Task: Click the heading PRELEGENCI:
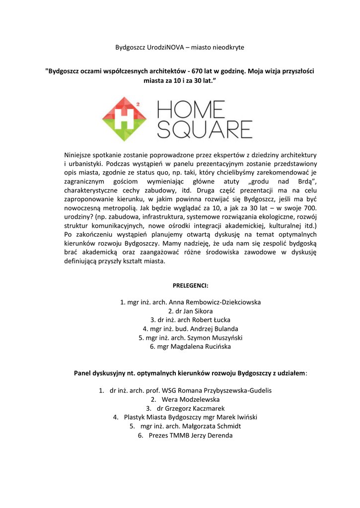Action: tap(190, 286)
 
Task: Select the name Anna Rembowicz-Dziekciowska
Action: tap(215, 302)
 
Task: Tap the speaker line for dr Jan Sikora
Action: tap(190, 311)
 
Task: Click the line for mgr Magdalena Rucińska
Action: tap(190, 347)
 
